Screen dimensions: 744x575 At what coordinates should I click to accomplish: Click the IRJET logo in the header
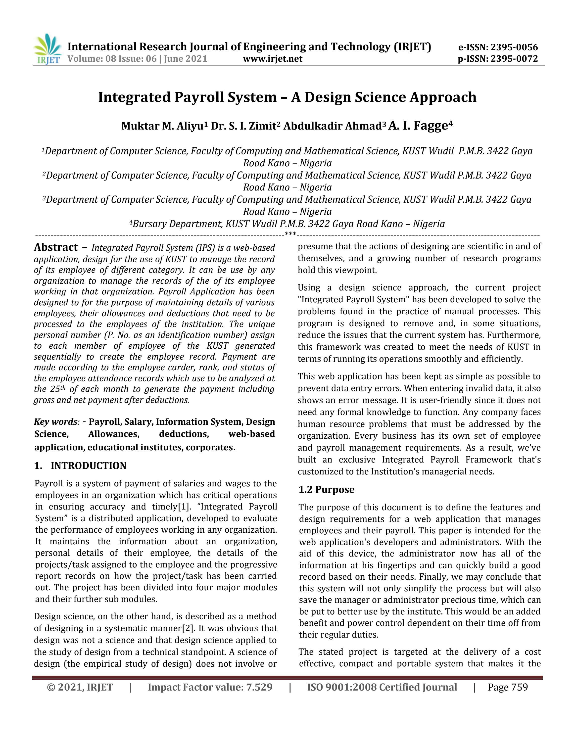[47, 50]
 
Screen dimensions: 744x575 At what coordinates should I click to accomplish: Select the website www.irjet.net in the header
[273, 59]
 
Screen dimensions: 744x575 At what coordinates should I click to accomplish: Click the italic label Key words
[55, 422]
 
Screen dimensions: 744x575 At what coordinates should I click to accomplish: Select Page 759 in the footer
[508, 687]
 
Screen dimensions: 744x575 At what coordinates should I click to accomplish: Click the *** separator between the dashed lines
[290, 234]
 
